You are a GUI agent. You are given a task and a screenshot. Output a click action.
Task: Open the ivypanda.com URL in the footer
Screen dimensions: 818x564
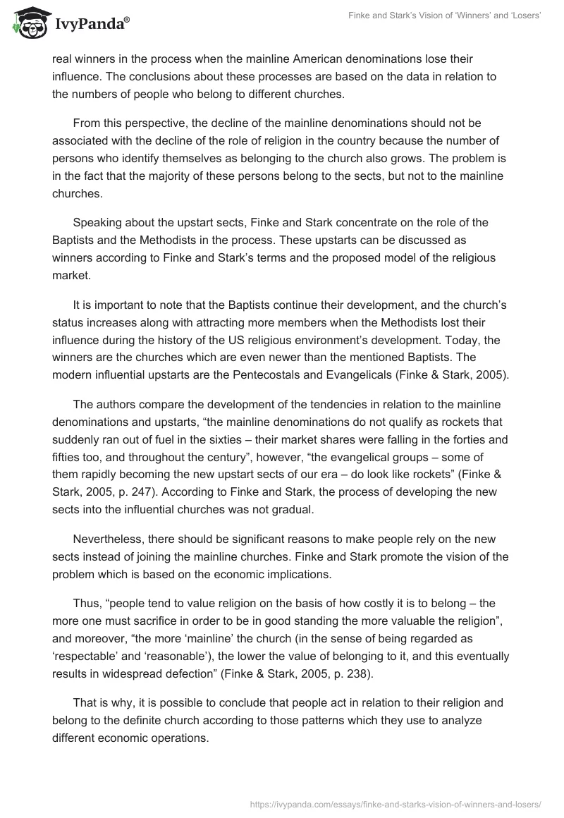[396, 803]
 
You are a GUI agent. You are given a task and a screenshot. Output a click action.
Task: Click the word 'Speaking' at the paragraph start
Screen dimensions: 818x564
[97, 223]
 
